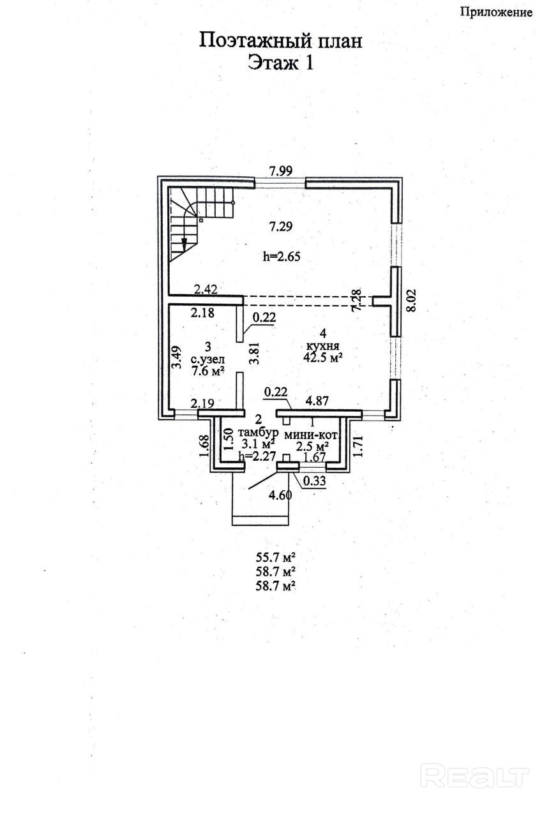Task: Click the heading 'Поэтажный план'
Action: point(281,41)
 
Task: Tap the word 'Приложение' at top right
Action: point(495,12)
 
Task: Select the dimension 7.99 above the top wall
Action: point(281,170)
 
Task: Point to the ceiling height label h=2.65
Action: point(282,257)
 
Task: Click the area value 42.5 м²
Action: point(323,357)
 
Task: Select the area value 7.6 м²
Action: point(207,371)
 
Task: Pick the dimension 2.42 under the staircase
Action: point(206,289)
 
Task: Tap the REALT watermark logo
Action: point(476,776)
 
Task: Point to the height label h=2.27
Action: point(256,456)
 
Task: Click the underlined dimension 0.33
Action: point(313,481)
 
